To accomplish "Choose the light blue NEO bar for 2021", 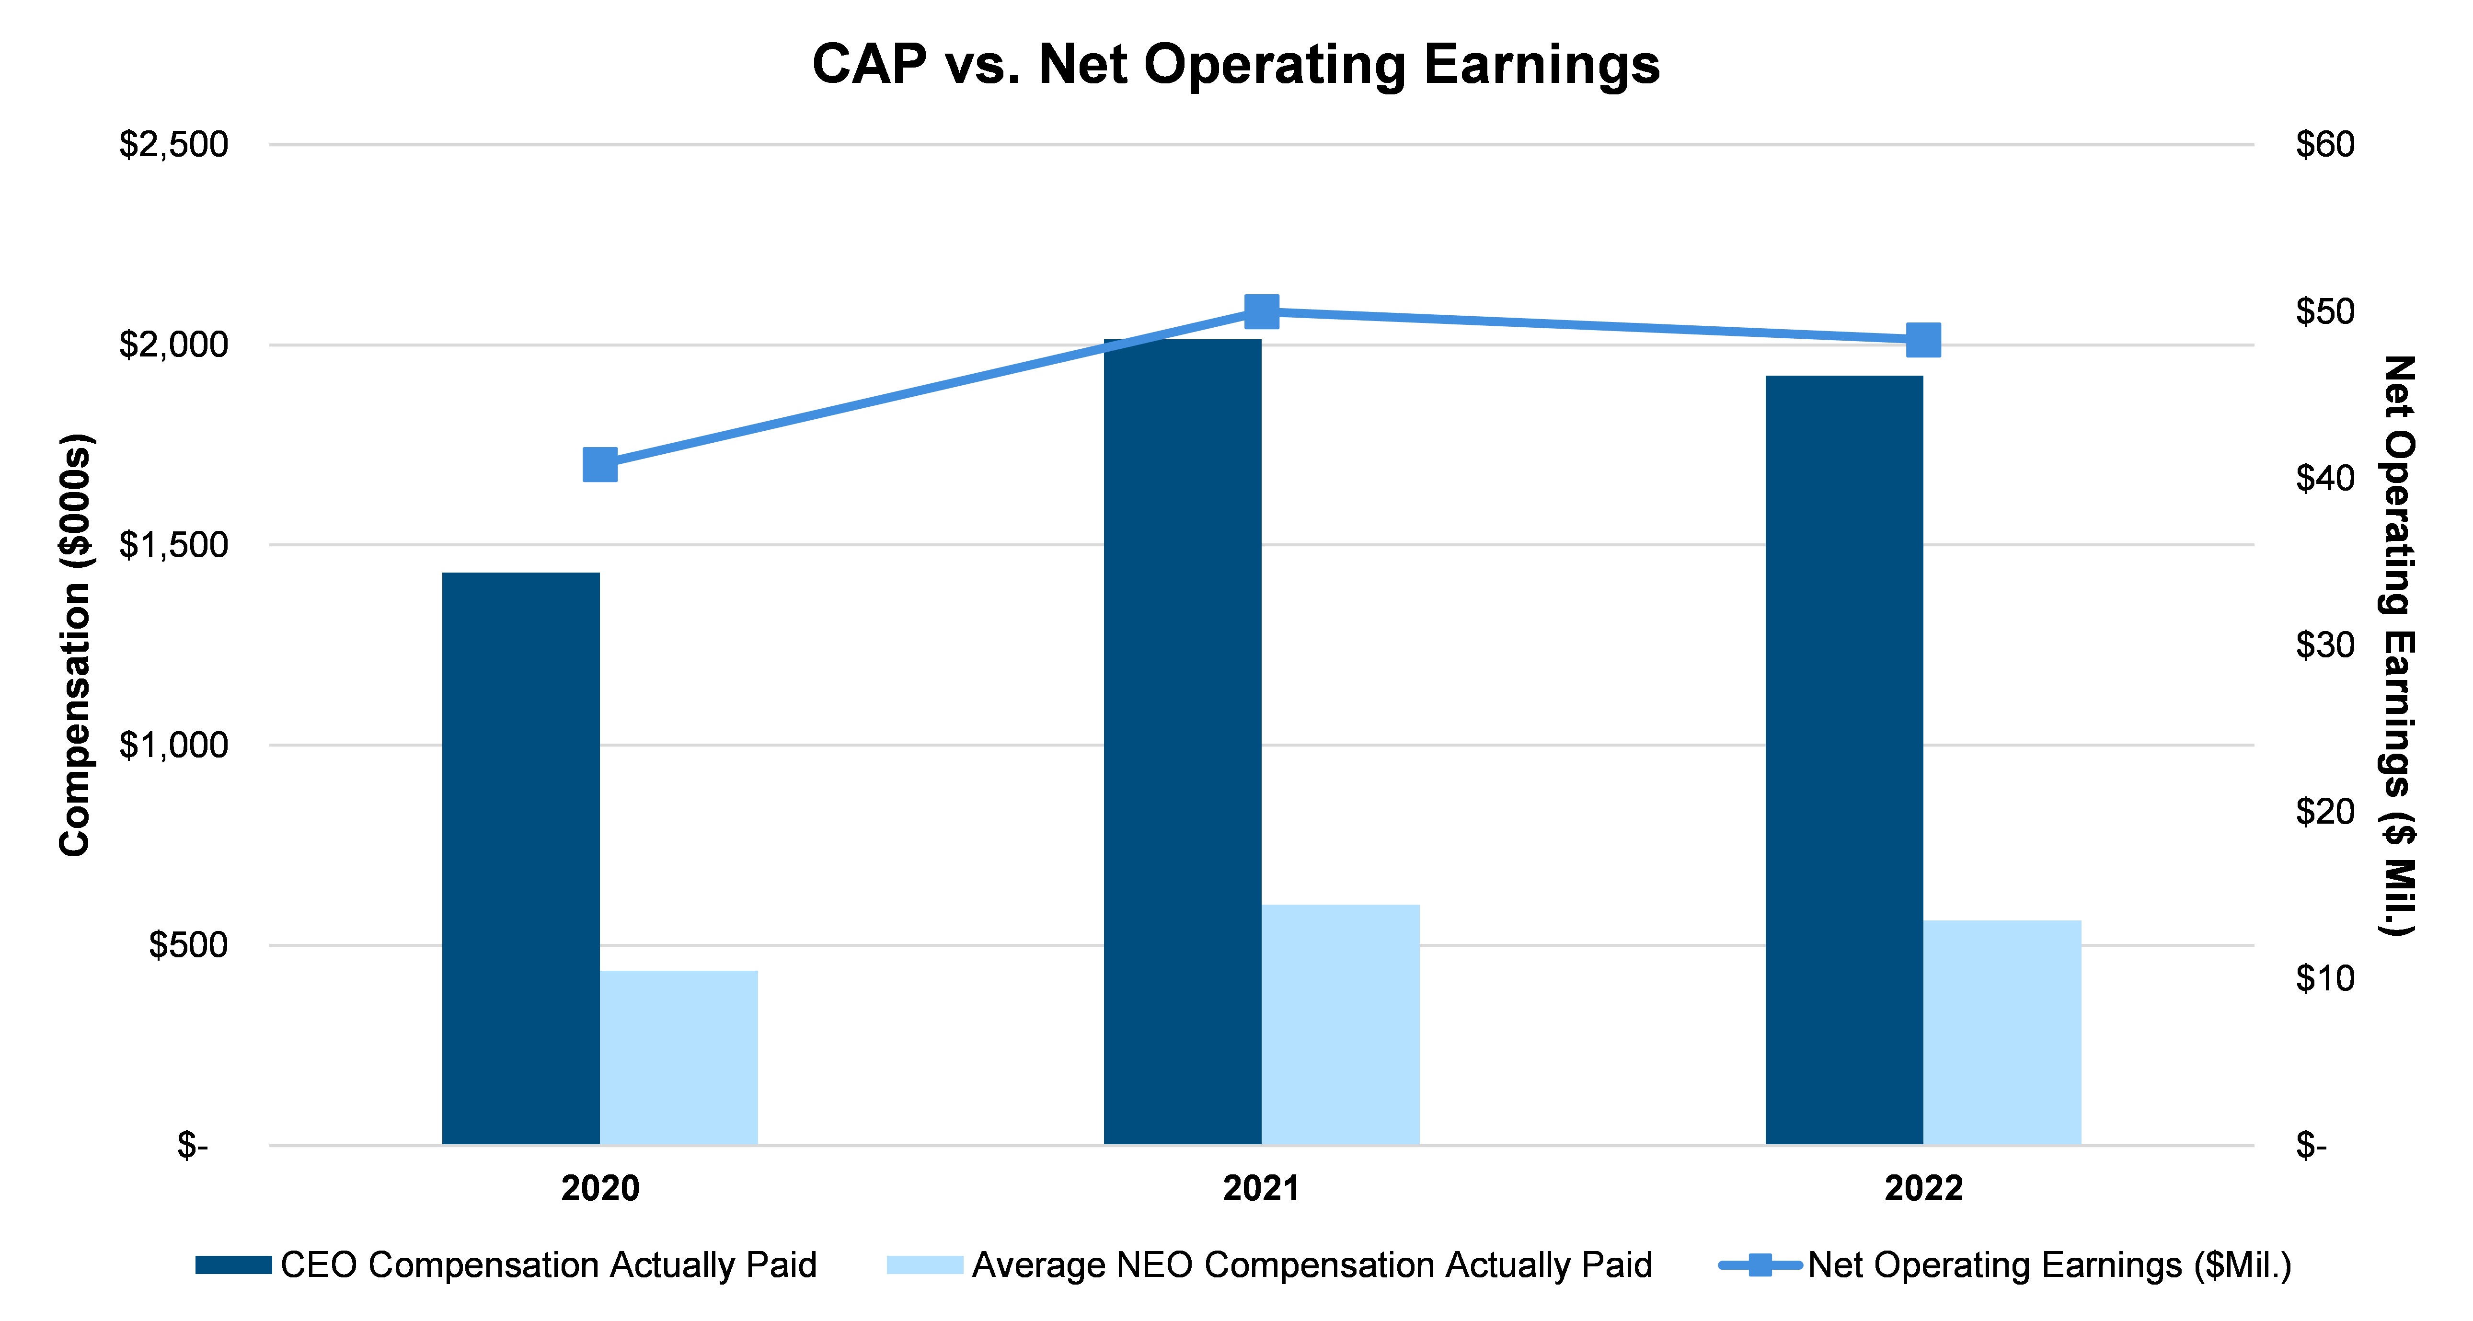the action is pyautogui.click(x=1340, y=1024).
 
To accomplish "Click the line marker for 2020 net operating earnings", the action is pyautogui.click(x=600, y=465).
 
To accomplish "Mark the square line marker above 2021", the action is pyautogui.click(x=1262, y=311).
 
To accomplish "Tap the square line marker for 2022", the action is pyautogui.click(x=1923, y=340).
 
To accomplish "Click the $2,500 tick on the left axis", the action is pyautogui.click(x=174, y=145).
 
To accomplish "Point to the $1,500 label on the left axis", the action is pyautogui.click(x=174, y=545).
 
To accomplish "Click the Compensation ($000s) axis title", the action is pyautogui.click(x=75, y=645).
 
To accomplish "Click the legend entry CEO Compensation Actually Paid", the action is pyautogui.click(x=506, y=1265).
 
